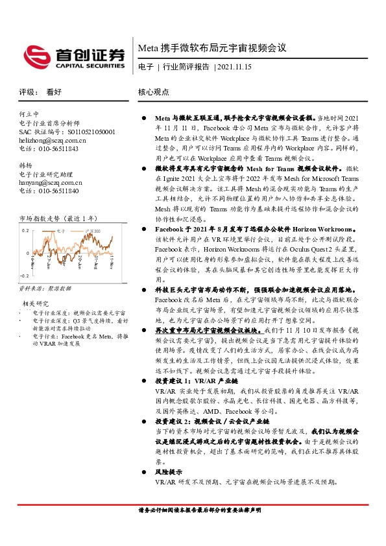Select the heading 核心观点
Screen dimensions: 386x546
pos(154,92)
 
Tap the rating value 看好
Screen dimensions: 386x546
pos(54,92)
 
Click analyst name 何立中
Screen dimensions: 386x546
pos(30,113)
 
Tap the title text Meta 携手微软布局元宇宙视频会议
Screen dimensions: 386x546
pos(212,48)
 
